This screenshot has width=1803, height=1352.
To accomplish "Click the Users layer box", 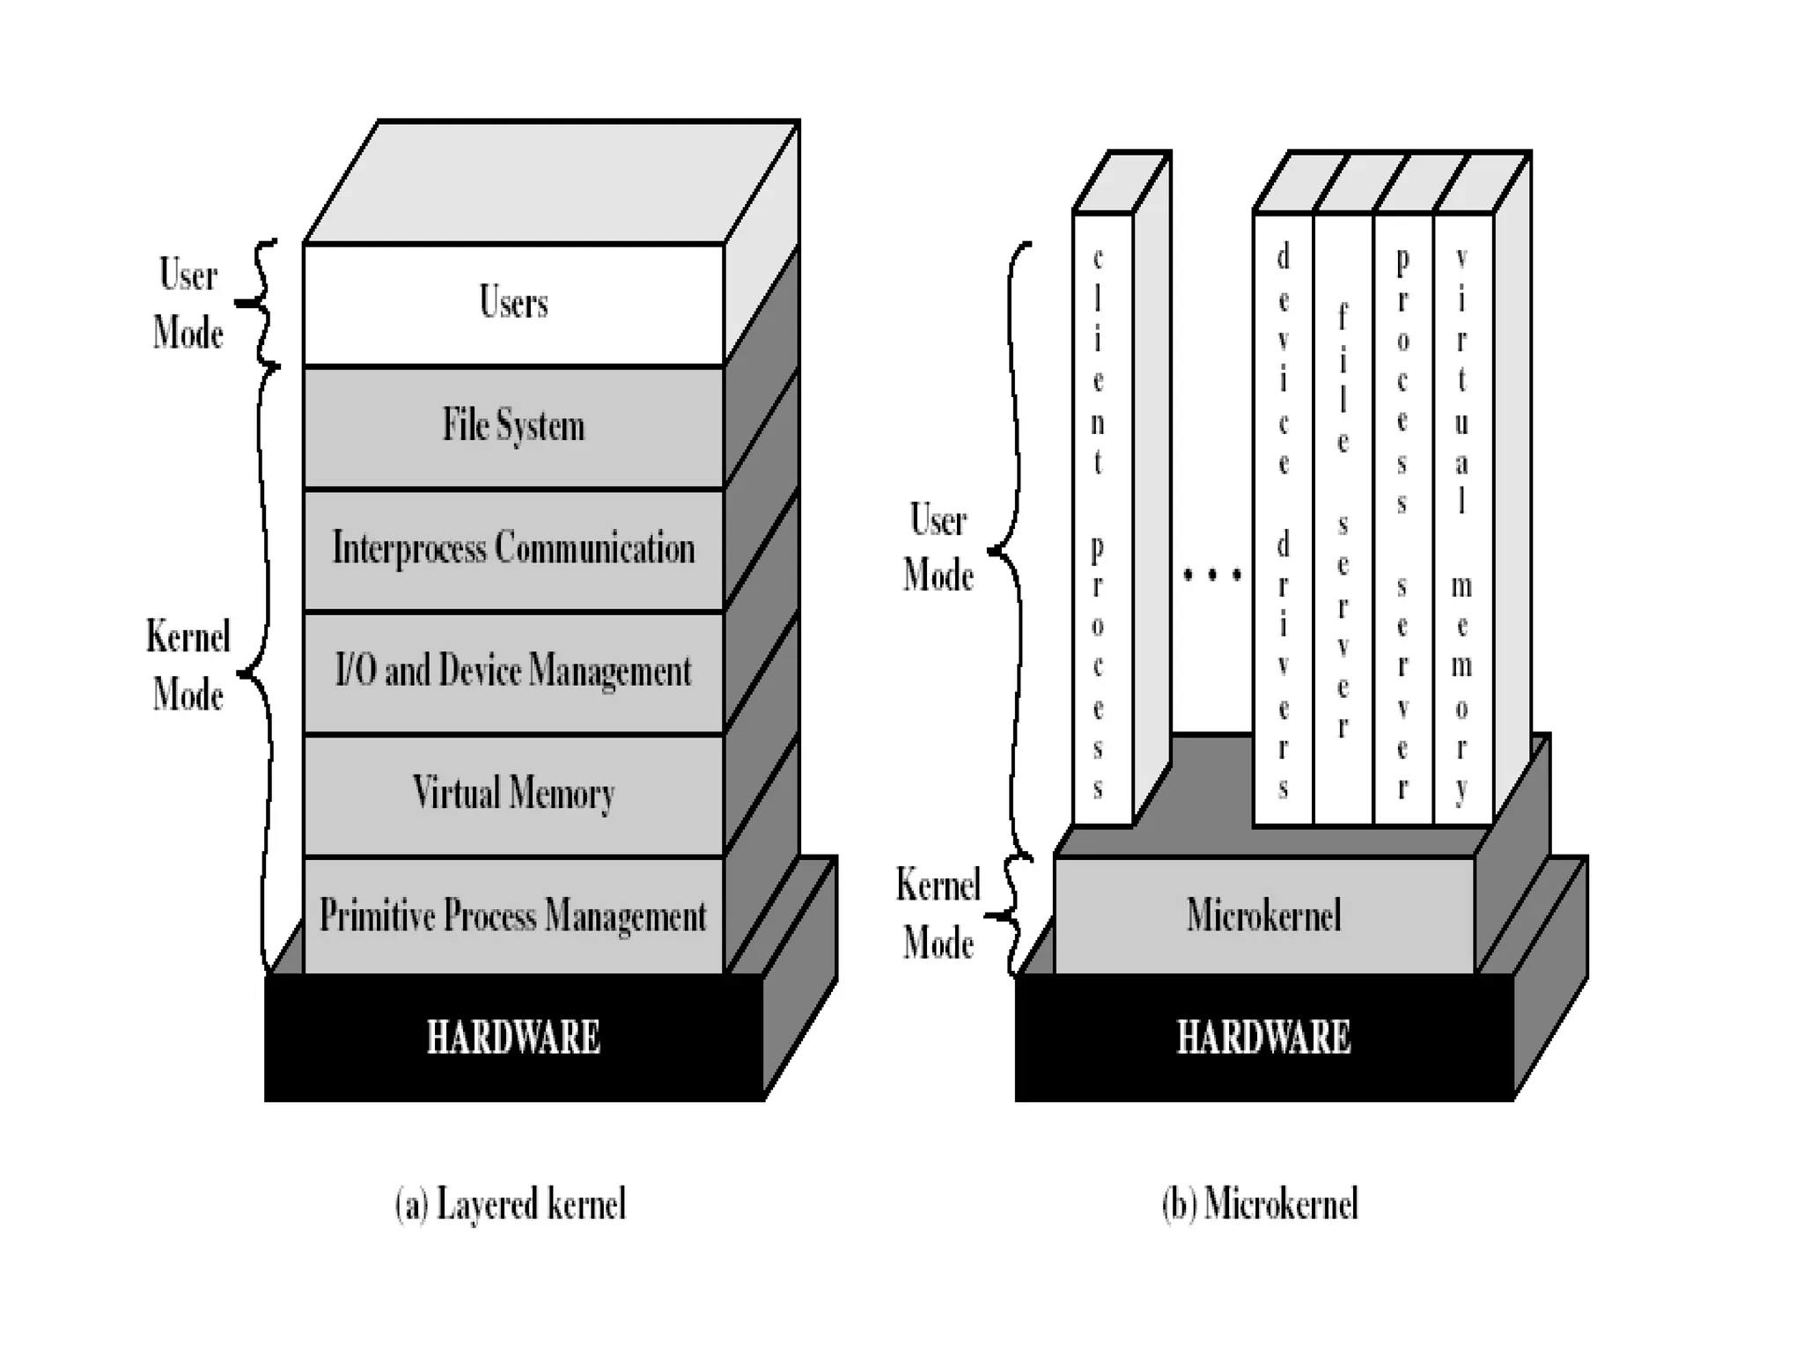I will [x=513, y=304].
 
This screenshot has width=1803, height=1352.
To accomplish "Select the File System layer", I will [x=513, y=426].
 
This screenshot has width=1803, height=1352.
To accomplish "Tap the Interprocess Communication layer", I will [x=513, y=548].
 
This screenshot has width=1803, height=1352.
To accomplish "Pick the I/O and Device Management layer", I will [x=513, y=672].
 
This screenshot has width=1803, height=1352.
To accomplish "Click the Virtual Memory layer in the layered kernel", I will [x=513, y=794].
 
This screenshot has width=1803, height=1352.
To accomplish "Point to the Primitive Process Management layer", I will [x=513, y=915].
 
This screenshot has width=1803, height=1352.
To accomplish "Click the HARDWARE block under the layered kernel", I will [x=513, y=1037].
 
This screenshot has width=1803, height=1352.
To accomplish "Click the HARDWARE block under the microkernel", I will [x=1263, y=1037].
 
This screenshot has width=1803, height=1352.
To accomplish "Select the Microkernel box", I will [x=1263, y=915].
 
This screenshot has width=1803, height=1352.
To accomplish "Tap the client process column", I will [x=1101, y=519].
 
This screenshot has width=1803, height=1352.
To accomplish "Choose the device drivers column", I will [x=1283, y=519].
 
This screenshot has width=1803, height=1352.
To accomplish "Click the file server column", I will [x=1343, y=519].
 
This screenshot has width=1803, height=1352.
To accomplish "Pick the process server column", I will [x=1402, y=519].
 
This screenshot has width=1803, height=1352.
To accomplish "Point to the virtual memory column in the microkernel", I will [x=1462, y=519].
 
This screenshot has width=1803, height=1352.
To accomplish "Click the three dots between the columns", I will [x=1212, y=576].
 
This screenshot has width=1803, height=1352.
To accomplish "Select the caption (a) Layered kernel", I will [x=511, y=1204].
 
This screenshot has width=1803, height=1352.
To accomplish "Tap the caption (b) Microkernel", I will [x=1260, y=1204].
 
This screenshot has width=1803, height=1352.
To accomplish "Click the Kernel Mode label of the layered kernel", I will [x=188, y=665].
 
